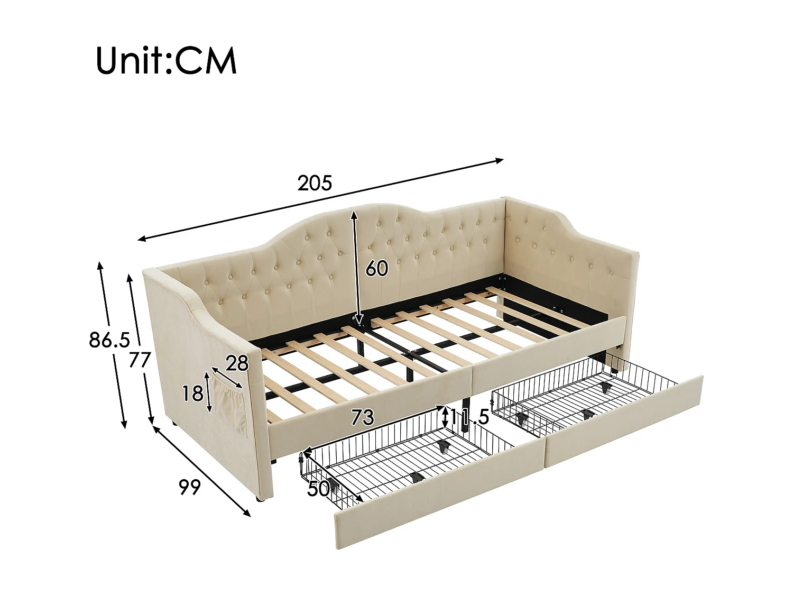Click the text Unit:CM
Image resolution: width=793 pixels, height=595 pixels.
pos(166,61)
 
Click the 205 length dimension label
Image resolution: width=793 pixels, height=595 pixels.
pos(315,183)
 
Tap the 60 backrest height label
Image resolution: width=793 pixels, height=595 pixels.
pos(377,269)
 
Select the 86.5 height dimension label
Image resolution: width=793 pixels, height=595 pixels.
pos(109,340)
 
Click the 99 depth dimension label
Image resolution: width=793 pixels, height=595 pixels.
pos(190,487)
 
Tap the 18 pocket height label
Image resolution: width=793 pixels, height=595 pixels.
pos(192,393)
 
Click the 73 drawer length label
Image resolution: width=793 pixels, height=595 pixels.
pos(362,418)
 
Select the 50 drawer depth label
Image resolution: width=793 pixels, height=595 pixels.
pos(319,489)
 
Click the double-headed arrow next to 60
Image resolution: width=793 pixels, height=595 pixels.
pos(355,267)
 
